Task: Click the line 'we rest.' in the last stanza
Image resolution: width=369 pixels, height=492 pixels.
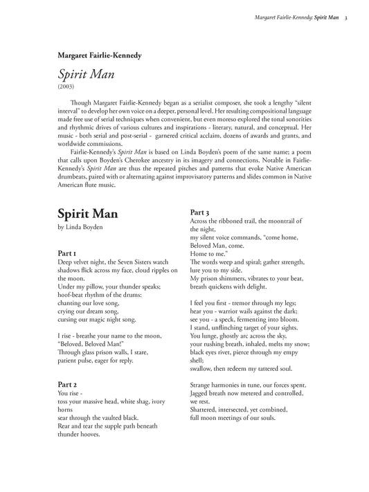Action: point(199,401)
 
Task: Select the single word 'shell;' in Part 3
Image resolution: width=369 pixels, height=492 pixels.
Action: point(197,361)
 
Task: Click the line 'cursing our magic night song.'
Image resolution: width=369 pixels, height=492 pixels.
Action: point(98,320)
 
